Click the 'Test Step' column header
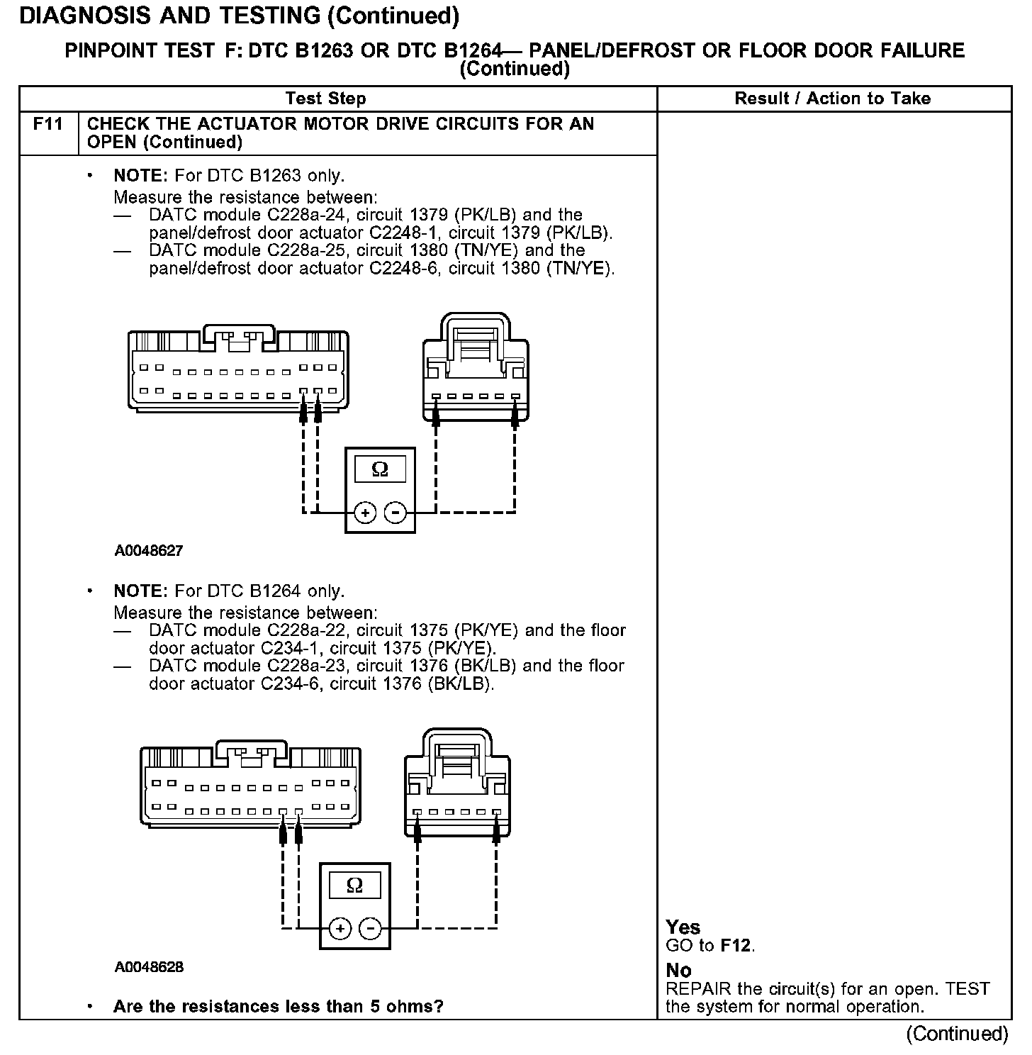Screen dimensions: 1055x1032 [326, 99]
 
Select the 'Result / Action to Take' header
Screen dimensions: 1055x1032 [833, 99]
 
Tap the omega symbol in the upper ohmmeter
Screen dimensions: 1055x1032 [380, 470]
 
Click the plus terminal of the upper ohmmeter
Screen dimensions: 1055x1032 [365, 512]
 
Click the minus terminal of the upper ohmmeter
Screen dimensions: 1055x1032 [396, 512]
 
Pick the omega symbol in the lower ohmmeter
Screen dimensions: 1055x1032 [355, 886]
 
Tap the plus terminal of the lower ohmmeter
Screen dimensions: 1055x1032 [340, 928]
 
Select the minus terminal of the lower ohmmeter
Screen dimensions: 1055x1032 [370, 928]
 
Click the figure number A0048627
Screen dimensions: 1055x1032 [149, 551]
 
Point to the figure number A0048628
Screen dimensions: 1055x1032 [149, 967]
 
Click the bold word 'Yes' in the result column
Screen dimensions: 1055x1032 [683, 927]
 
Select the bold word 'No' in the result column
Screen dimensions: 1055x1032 [679, 971]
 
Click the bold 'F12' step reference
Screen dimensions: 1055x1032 [737, 945]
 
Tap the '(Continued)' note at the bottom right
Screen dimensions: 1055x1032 [957, 1034]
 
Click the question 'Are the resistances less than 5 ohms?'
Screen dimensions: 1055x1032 [279, 1007]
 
